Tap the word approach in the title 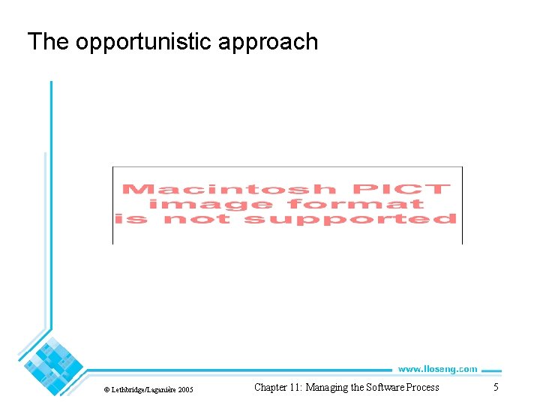[268, 42]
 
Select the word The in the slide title [48, 41]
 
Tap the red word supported [351, 219]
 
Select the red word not [199, 219]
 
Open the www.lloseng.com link [437, 369]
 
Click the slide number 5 [496, 387]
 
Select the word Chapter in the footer [273, 388]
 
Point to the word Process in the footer [424, 388]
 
